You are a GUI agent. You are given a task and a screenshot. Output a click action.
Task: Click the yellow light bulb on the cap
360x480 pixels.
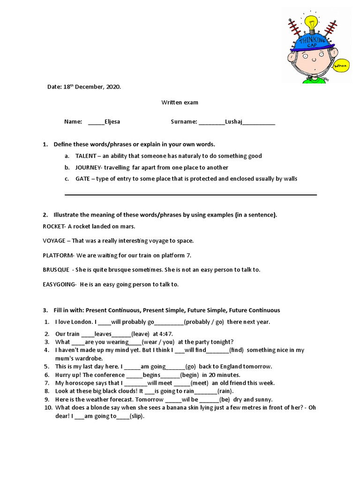(311, 22)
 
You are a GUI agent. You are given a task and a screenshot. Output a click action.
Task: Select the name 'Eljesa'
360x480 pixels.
(112, 121)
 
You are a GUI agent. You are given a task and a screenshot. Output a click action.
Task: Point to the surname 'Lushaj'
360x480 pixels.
(234, 121)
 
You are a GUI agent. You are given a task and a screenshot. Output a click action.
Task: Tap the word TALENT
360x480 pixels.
(86, 156)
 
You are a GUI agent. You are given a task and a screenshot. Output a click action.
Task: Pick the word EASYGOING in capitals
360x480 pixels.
(59, 284)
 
